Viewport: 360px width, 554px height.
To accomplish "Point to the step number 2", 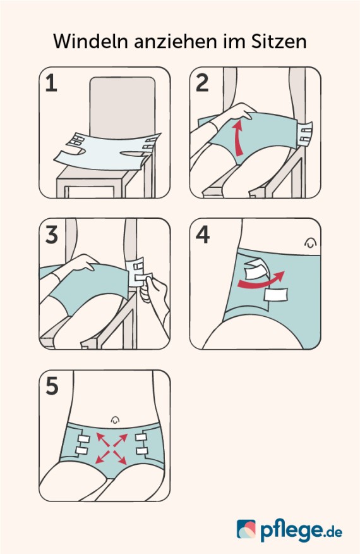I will coord(201,83).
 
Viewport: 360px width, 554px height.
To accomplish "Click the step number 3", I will coord(51,235).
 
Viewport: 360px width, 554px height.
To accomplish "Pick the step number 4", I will coord(202,235).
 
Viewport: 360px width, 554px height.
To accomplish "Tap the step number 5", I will coord(51,386).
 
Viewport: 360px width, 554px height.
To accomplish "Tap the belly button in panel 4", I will coord(310,242).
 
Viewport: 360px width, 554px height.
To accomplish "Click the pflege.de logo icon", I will coord(246,529).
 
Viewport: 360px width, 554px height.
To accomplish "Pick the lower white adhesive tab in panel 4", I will coord(276,295).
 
